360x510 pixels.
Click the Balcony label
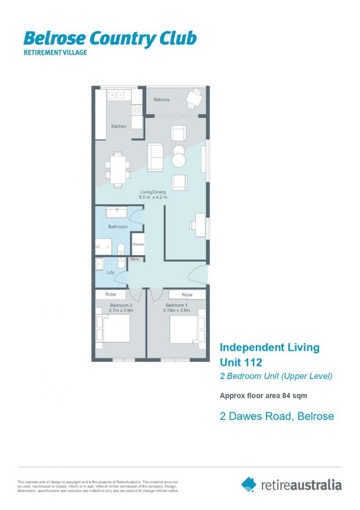pos(161,100)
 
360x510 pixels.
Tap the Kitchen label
pos(118,126)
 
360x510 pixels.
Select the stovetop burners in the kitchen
pos(137,110)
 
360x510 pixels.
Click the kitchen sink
pos(116,95)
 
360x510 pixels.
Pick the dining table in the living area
pos(118,168)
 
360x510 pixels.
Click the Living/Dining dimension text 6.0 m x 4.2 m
pos(154,197)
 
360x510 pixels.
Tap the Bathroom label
pos(117,227)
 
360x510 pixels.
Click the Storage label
pos(138,244)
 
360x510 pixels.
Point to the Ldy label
pos(111,272)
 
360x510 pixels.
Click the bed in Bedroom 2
pos(116,328)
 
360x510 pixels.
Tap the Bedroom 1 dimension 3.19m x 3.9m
pos(175,311)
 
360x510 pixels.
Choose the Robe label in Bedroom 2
pos(111,294)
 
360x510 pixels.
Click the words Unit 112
pos(241,363)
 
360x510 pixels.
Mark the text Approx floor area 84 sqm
pos(264,396)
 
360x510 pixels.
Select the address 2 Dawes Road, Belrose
pos(277,416)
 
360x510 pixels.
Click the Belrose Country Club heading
pos(110,38)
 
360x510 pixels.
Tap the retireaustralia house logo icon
pos(249,484)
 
